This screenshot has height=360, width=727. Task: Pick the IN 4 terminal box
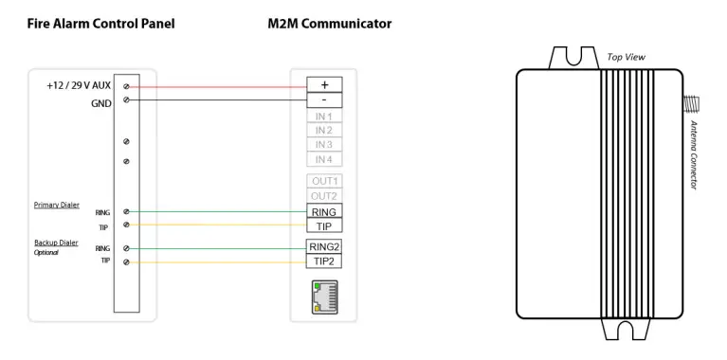(x=324, y=160)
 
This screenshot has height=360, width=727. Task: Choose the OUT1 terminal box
(x=324, y=181)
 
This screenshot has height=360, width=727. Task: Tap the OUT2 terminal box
(x=324, y=195)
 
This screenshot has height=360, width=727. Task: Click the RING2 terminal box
(x=324, y=246)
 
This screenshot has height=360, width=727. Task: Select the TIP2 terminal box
(x=324, y=261)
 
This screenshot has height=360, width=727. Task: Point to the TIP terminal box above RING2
(x=324, y=225)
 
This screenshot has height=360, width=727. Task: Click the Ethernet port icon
(x=324, y=297)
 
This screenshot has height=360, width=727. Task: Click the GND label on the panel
(x=102, y=103)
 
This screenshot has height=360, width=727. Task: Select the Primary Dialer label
(x=58, y=204)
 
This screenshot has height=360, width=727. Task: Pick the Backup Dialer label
(x=57, y=243)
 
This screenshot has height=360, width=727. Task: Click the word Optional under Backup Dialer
(x=47, y=253)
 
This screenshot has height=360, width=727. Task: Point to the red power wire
(x=218, y=85)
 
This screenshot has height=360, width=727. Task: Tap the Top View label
(x=626, y=58)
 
